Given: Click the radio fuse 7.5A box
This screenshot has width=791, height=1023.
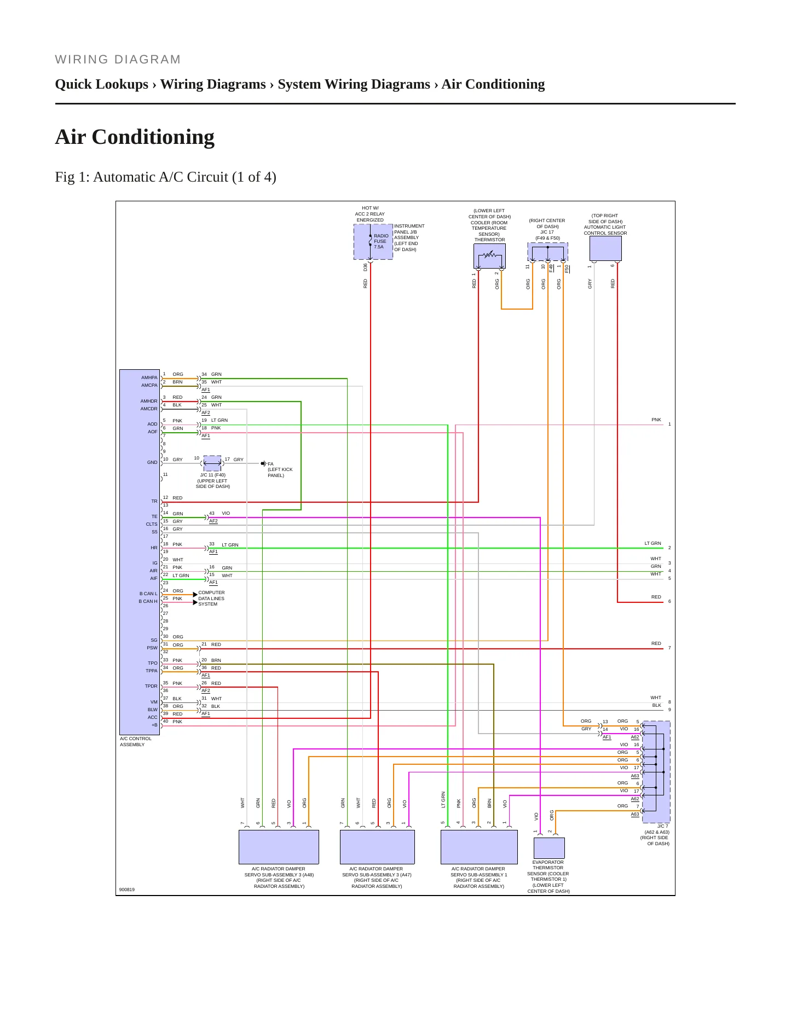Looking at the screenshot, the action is coord(373,241).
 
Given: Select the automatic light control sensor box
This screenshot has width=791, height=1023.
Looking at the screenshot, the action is coord(605,248).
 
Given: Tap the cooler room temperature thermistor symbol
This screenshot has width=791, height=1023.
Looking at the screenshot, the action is coord(489,255).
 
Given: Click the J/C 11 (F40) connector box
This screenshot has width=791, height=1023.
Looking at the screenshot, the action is coord(212,463).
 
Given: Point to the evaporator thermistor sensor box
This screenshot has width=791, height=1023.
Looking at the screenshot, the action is coord(549,848).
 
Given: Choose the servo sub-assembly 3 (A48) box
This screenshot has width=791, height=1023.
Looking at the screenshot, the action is coord(279,847).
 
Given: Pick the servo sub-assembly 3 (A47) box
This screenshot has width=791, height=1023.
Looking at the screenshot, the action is coord(377,847).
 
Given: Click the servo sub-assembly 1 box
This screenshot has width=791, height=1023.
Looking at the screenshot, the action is coord(479,847).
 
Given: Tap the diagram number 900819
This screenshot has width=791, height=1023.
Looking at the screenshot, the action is coord(127,890).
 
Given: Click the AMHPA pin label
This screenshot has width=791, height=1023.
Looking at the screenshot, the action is coord(149,377).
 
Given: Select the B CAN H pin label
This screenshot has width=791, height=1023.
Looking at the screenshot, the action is coord(148,601).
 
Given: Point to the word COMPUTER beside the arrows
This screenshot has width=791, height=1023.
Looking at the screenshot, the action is coord(211,592).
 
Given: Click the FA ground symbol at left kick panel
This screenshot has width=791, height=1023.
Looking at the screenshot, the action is coord(263,463).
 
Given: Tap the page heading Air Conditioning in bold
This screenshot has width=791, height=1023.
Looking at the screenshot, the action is coord(135,137).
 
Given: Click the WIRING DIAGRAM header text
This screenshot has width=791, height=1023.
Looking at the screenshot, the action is coord(118,60).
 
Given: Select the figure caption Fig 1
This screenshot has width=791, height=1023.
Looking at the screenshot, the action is coord(165,177).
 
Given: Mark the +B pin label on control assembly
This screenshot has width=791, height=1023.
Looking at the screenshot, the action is coord(154,725).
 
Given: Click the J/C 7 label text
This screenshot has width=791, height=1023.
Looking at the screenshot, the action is coord(662,826).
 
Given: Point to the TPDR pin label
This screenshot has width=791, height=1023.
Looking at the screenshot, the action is coord(151,686).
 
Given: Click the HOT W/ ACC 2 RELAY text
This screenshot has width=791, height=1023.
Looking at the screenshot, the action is coord(370,211).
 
